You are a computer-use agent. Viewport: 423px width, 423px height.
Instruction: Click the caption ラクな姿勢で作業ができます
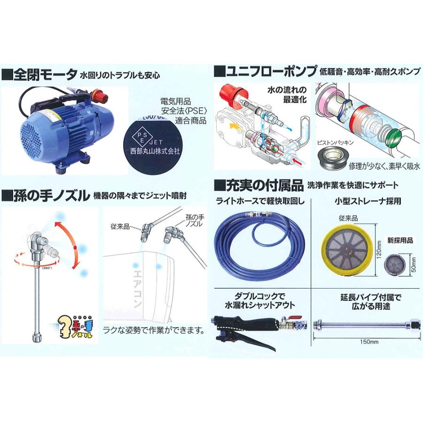154,330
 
